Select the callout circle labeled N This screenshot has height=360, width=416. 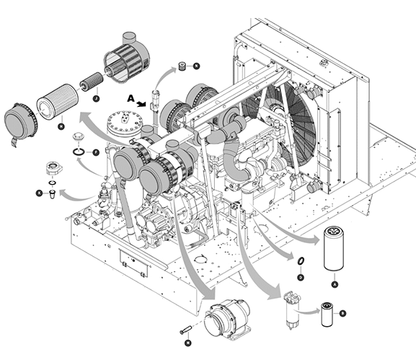coord(196,66)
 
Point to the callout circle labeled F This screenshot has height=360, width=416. coord(94,152)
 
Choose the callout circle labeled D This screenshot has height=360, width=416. coord(300,278)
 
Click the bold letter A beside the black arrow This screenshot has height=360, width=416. coord(130,97)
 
